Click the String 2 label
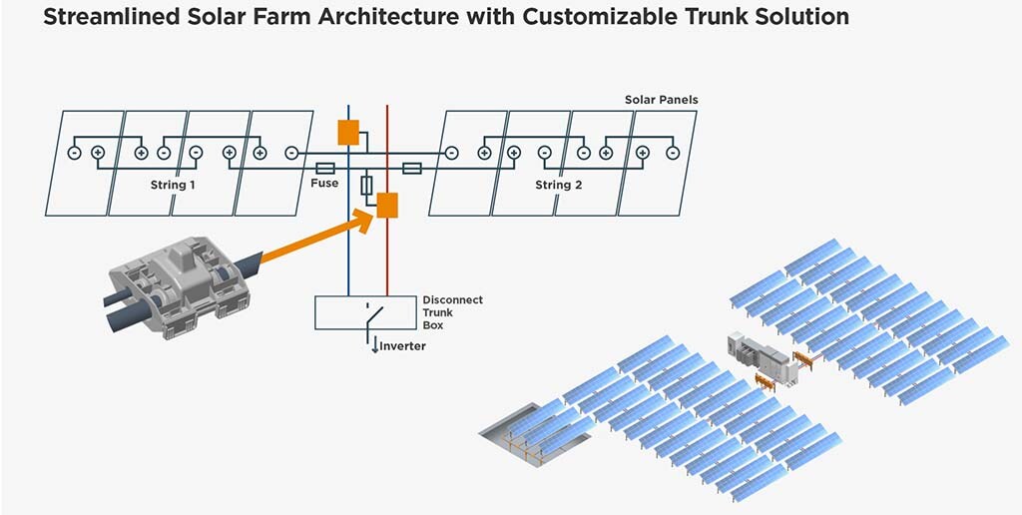559,185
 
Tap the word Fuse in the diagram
324,184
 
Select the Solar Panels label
661,100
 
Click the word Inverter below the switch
402,346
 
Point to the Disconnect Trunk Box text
452,312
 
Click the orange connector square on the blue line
348,132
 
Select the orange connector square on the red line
387,205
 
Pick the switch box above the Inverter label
364,312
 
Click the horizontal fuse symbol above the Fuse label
324,169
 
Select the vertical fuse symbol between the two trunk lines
367,186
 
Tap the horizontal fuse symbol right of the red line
411,169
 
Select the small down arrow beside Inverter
375,346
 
